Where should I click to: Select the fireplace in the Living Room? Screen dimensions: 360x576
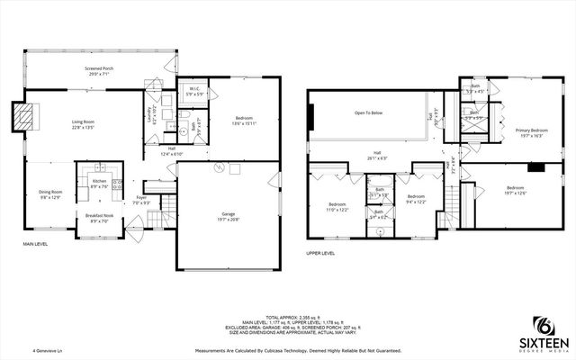coord(27,114)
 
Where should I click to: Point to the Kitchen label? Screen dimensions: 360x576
coord(100,184)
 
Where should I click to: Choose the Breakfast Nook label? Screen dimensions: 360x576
coord(98,217)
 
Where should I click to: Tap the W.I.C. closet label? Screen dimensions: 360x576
coord(193,92)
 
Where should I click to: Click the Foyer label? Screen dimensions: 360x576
coord(141,199)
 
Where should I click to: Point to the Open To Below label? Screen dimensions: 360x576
coord(371,113)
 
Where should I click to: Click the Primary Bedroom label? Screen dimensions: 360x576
coord(531,133)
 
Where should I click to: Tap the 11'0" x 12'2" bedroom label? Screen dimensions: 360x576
coord(337,206)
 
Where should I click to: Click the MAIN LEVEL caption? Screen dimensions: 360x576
coord(36,244)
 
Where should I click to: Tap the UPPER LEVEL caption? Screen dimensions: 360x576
coord(320,254)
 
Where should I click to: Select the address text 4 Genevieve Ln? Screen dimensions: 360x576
coord(49,351)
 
